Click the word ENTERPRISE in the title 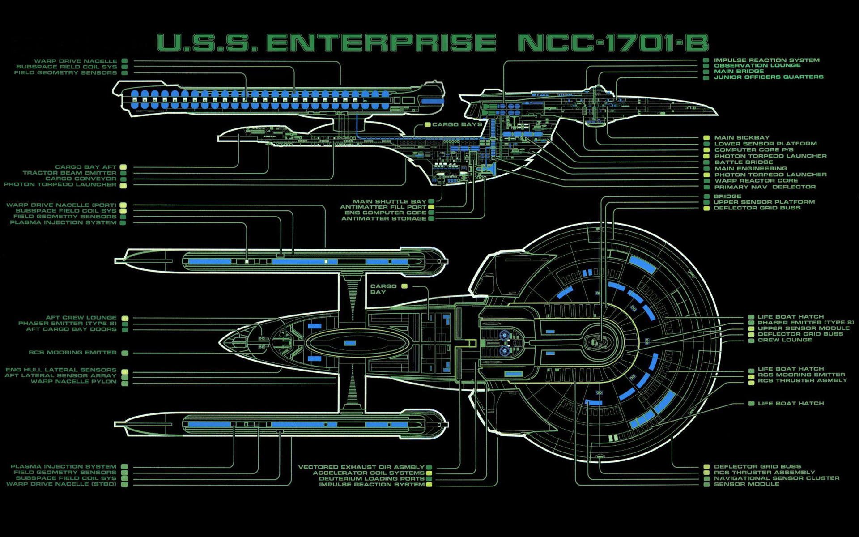(381, 43)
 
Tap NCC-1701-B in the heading (613, 43)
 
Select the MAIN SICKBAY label (742, 138)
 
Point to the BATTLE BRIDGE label (744, 162)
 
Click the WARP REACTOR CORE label (756, 181)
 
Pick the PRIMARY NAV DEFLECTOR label (765, 187)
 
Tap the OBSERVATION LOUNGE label (757, 66)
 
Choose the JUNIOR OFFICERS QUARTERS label (769, 77)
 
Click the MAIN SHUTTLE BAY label (389, 201)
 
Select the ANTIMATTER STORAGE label (384, 219)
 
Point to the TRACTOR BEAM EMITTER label (69, 173)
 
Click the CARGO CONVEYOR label (81, 179)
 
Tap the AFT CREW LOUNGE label (81, 318)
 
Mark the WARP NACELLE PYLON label (73, 382)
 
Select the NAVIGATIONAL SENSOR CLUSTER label (776, 478)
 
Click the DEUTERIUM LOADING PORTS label (371, 479)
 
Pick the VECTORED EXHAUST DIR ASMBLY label (361, 467)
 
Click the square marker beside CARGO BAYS (427, 125)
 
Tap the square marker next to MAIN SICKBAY (706, 138)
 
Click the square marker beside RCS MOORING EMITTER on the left (125, 353)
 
